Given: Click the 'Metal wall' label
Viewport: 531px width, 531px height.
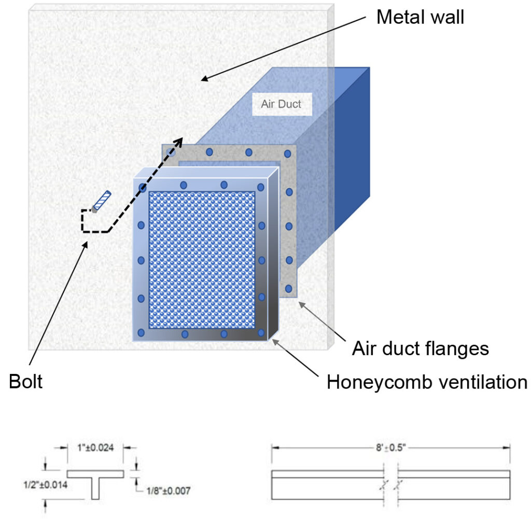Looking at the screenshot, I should (x=420, y=17).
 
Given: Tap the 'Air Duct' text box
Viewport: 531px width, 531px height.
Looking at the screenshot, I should (x=281, y=104).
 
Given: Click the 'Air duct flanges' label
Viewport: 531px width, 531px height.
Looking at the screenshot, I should (x=420, y=348).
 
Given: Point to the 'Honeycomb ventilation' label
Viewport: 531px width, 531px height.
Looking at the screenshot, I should (x=426, y=383).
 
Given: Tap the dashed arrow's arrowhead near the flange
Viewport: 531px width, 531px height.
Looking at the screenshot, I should (x=179, y=142).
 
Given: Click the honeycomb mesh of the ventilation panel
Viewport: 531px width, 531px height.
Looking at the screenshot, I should (x=202, y=259).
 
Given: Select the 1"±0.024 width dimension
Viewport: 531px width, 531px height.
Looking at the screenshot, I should (x=96, y=445).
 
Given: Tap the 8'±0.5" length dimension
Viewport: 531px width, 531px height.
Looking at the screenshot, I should (x=390, y=445).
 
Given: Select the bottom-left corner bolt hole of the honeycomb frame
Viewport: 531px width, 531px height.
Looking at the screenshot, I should (x=141, y=332).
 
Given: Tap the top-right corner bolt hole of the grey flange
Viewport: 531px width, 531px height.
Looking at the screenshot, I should (x=287, y=153).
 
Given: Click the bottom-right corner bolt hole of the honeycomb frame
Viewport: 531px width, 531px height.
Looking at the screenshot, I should (x=261, y=332).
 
